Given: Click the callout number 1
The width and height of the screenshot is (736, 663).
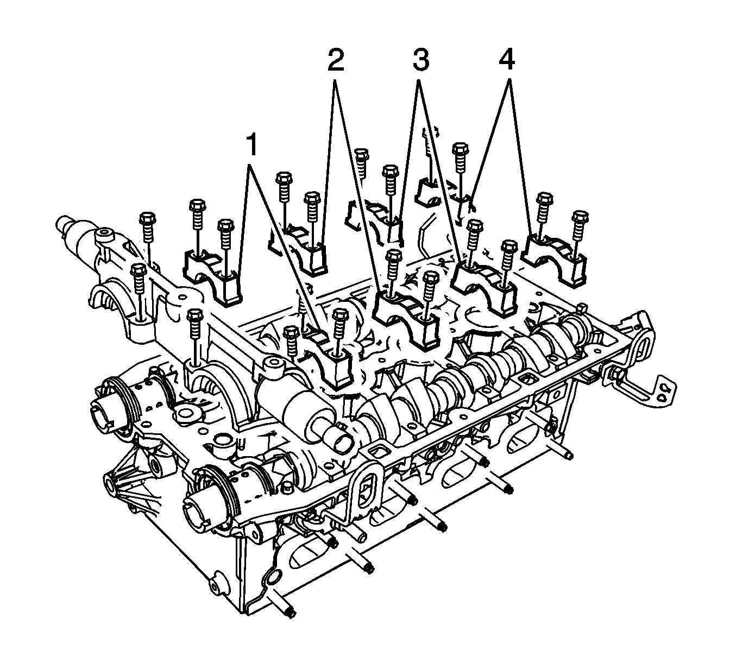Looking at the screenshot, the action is click(x=252, y=146).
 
